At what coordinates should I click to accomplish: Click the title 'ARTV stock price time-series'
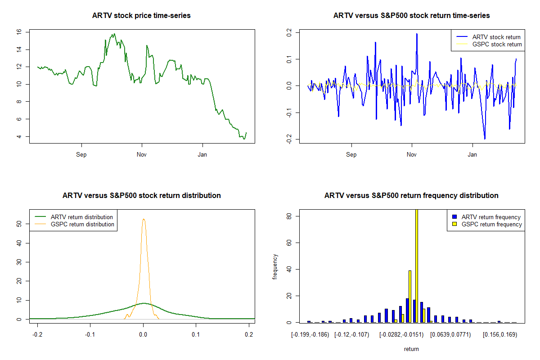point(141,16)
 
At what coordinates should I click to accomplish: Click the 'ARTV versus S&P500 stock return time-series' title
point(411,16)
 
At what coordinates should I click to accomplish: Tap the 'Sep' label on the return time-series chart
point(351,155)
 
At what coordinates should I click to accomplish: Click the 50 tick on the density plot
point(19,224)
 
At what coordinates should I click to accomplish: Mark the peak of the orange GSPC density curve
point(144,219)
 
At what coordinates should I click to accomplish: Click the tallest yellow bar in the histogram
point(417,265)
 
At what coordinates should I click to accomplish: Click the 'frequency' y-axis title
point(275,266)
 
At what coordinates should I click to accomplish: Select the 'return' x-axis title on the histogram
point(411,349)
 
